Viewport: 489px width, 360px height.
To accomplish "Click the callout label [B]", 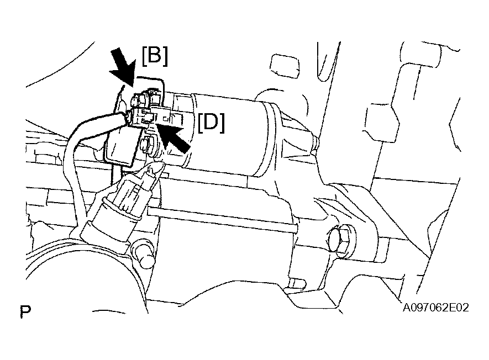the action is tap(155, 56).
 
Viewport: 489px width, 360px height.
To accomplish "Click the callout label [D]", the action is tap(211, 123).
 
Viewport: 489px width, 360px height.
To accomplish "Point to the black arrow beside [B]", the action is tap(124, 67).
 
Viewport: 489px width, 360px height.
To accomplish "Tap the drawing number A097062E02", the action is tap(435, 308).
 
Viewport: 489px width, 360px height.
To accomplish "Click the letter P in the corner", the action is tap(25, 312).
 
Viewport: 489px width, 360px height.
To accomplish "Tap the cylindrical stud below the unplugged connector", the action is tap(144, 254).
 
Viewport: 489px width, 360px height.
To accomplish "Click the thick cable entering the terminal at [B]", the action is tap(97, 124).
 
